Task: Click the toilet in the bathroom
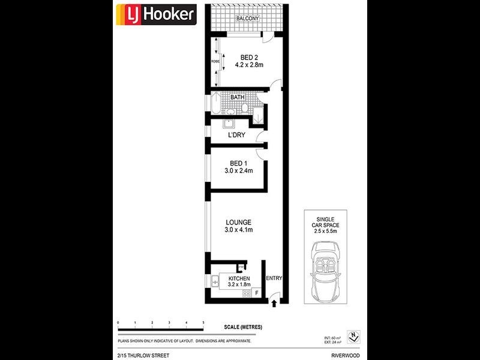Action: tap(246, 107)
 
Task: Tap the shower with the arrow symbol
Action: tap(258, 116)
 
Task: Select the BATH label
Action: tap(238, 96)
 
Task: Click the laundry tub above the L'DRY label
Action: tap(229, 124)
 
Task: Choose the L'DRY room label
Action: tap(236, 135)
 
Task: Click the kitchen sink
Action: tap(215, 281)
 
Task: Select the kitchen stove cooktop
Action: tap(245, 293)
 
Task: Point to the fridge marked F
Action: tap(257, 293)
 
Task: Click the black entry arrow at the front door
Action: tap(274, 304)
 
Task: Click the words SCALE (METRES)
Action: tap(243, 326)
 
